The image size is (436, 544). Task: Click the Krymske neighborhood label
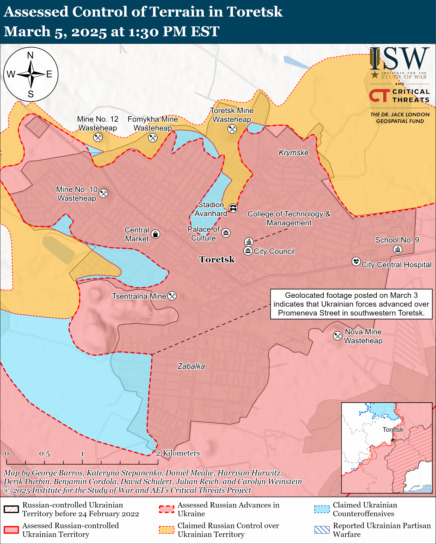tap(293, 153)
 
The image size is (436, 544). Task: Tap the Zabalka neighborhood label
tap(191, 366)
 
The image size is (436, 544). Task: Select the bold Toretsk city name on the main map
tap(217, 259)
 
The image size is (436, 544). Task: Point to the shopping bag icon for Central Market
tap(155, 234)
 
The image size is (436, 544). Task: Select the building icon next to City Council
tap(248, 251)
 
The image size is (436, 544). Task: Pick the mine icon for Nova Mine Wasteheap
tap(338, 336)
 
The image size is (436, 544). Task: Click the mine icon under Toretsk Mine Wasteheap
tap(232, 129)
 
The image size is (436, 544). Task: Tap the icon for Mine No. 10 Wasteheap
tap(103, 193)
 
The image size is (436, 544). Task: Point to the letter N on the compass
tap(30, 55)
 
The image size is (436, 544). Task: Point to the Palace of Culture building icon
tap(226, 233)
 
